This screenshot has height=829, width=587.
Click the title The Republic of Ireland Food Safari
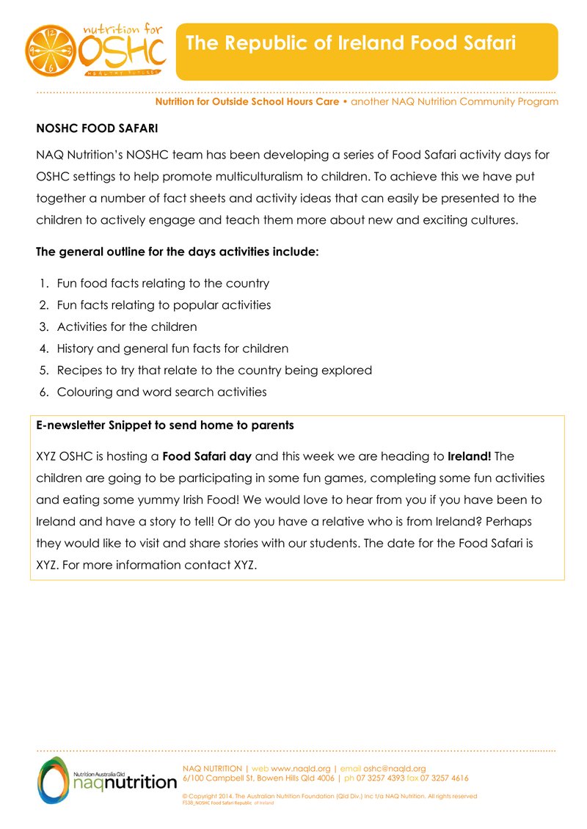click(351, 43)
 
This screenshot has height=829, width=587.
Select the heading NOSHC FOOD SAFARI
click(98, 128)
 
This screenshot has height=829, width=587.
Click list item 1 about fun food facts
click(162, 283)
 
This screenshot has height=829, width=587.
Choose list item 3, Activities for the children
click(126, 326)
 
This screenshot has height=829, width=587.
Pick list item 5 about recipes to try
click(214, 370)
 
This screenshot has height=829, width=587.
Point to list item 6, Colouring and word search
click(161, 392)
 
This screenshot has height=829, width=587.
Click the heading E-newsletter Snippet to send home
click(165, 426)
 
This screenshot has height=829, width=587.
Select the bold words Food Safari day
click(207, 456)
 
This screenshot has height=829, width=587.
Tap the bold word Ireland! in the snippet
click(470, 456)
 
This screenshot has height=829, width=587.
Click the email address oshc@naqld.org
click(395, 768)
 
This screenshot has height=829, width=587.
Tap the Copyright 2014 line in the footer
click(329, 796)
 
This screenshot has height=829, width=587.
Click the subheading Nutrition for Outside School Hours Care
click(247, 102)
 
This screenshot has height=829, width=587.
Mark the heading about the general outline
click(178, 252)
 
